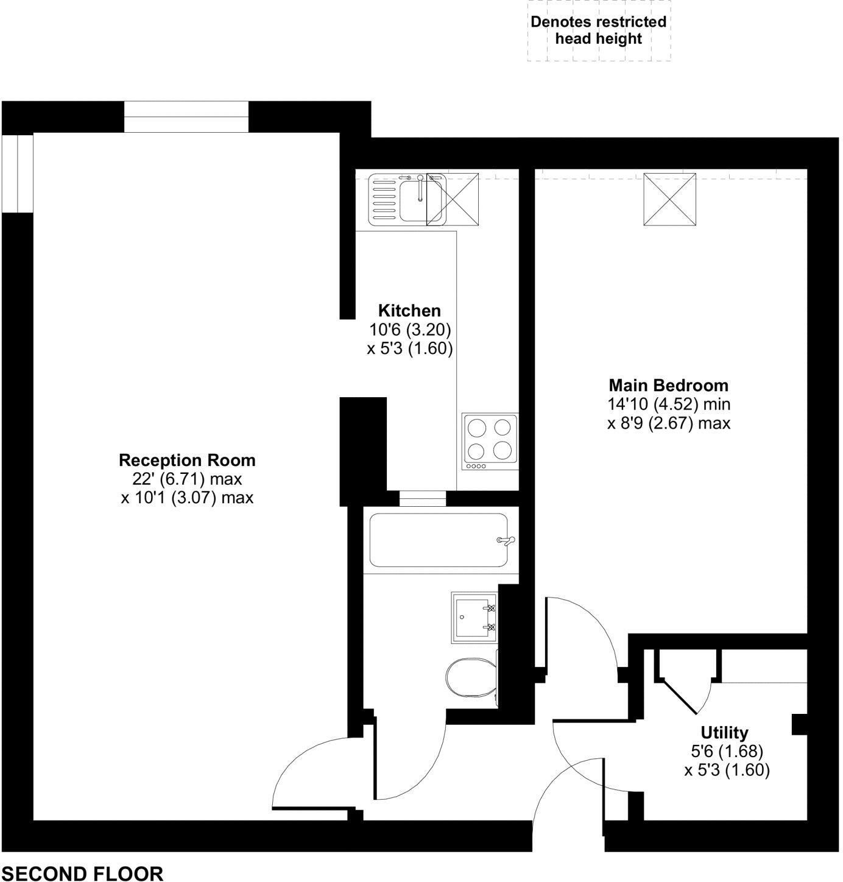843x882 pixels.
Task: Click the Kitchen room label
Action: pos(409,311)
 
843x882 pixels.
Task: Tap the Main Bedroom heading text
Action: pos(668,386)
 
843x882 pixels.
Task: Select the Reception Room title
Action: pos(187,460)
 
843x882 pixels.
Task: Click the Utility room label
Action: pos(724,732)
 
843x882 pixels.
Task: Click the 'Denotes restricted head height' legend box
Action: pos(599,30)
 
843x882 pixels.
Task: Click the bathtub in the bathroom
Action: pos(439,540)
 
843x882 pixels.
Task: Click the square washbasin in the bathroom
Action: pos(474,617)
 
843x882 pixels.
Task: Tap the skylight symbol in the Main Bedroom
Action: pos(669,199)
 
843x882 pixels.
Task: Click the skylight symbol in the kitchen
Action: pos(453,199)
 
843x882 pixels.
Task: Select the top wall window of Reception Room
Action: pos(186,117)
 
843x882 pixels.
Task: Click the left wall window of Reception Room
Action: pos(17,174)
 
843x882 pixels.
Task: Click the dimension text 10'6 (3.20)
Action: pos(409,330)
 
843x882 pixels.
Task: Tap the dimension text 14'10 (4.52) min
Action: pos(668,404)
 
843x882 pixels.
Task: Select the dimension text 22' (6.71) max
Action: pos(187,479)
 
